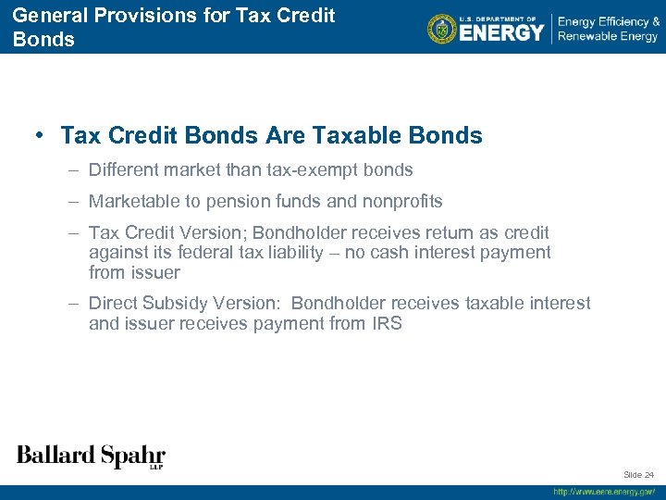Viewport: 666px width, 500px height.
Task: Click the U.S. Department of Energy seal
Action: pyautogui.click(x=443, y=29)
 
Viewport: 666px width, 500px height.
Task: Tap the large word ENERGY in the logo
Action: pyautogui.click(x=502, y=33)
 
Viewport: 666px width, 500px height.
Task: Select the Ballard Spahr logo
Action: pyautogui.click(x=91, y=456)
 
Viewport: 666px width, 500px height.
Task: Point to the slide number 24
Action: pyautogui.click(x=648, y=474)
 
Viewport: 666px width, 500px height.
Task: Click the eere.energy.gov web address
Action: pyautogui.click(x=604, y=492)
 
